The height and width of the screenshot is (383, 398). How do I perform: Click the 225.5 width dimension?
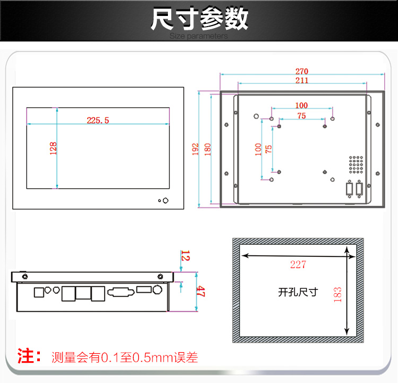pos(98,120)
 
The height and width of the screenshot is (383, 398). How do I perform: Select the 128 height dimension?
pos(53,148)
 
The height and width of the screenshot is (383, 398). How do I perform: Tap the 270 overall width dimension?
pos(301,71)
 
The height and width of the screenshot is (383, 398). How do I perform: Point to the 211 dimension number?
pos(301,80)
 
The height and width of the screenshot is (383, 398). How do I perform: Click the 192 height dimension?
pos(195,149)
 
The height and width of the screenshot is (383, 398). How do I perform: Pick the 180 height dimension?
pos(207,149)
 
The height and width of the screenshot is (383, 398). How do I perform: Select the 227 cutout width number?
pos(298,264)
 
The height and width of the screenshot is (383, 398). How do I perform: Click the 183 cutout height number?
pos(337,295)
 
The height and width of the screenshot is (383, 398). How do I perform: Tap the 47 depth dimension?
pos(200,291)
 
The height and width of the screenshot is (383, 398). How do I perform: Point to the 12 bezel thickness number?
pos(185,255)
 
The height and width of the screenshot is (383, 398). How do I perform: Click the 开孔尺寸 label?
pos(298,292)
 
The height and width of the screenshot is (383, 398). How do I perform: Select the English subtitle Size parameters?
pos(199,36)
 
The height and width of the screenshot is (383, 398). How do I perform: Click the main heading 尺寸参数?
pos(199,19)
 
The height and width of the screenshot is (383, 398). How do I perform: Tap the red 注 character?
pos(25,356)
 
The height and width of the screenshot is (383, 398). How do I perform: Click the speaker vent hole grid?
pos(356,165)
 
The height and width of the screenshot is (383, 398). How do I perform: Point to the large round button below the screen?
pos(165,201)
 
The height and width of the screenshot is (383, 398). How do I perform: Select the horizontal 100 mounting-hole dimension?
pos(301,105)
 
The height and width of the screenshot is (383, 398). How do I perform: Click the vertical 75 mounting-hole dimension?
pos(268,149)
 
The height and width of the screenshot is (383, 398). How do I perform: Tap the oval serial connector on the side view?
pos(121,292)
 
